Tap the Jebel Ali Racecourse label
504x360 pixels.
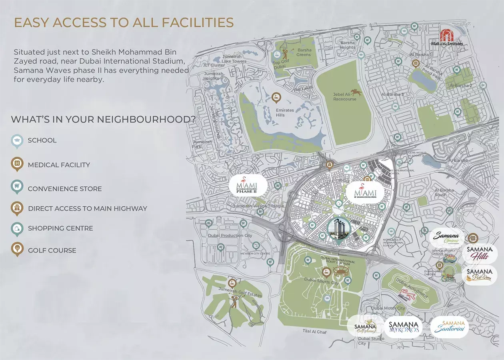[x=344, y=97]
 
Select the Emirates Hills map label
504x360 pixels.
[x=284, y=112]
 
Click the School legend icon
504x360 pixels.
[x=17, y=140]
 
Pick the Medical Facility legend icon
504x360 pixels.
[x=17, y=164]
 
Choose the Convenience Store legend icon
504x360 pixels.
[x=17, y=188]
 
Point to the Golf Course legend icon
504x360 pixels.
[x=17, y=250]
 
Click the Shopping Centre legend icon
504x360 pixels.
[x=17, y=228]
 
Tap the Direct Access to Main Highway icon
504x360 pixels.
[x=17, y=208]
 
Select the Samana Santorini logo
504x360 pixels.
[x=450, y=326]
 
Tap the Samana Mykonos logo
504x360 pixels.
[x=404, y=328]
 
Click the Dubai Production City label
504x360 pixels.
[x=230, y=236]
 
